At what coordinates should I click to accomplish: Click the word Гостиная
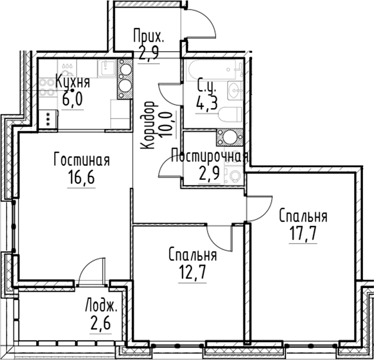click(x=82, y=160)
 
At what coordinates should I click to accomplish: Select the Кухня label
click(x=72, y=82)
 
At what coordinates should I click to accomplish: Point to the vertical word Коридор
click(x=148, y=125)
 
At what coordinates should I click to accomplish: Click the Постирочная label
click(x=210, y=156)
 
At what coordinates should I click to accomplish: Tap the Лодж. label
click(x=102, y=307)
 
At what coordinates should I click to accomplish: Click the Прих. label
click(x=148, y=36)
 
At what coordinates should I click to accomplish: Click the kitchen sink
click(x=107, y=67)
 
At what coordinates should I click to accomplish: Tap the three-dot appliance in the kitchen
click(x=48, y=121)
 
